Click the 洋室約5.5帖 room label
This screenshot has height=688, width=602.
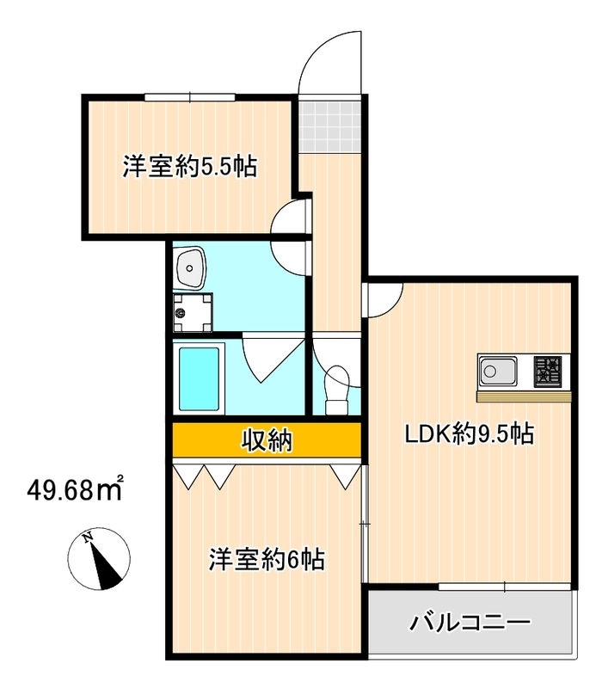[x=189, y=166]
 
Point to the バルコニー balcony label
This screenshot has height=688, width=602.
[x=470, y=622]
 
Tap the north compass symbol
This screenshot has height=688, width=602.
[x=101, y=560]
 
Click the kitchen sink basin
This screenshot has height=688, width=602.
[x=498, y=372]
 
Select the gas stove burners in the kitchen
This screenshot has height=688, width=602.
[x=549, y=372]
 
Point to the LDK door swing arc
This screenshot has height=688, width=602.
[x=384, y=297]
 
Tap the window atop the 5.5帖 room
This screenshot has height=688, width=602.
[x=189, y=96]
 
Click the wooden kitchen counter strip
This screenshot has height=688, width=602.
[x=525, y=396]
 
